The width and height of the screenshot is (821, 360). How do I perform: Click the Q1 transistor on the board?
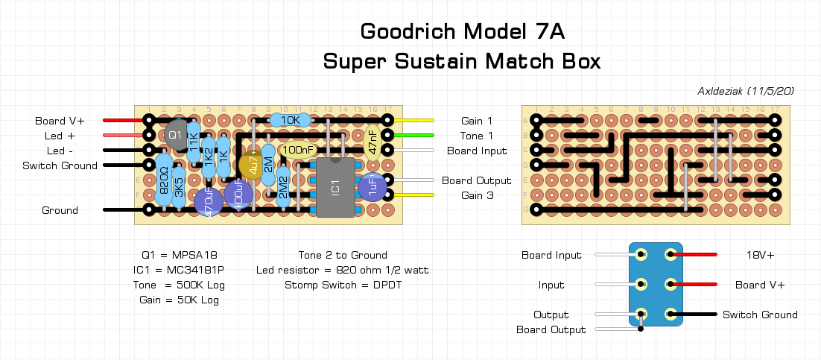[x=175, y=134]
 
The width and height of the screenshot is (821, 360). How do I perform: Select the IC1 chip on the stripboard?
[x=335, y=187]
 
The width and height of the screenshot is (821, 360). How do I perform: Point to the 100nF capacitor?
[x=298, y=150]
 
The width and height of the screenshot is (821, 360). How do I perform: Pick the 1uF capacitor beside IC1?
[x=371, y=187]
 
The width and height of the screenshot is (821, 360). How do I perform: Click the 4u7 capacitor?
[x=253, y=163]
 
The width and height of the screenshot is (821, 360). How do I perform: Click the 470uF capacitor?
[x=208, y=201]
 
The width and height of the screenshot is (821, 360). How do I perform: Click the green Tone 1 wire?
[x=413, y=135]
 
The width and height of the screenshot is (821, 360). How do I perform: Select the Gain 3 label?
[x=477, y=195]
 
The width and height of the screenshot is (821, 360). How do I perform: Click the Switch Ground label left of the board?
[x=60, y=165]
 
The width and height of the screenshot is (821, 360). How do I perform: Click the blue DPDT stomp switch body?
[x=656, y=284]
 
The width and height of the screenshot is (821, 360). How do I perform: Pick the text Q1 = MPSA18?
[x=179, y=255]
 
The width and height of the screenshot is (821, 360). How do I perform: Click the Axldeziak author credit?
[x=746, y=91]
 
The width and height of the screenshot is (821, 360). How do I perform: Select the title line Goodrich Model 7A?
[x=462, y=31]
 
